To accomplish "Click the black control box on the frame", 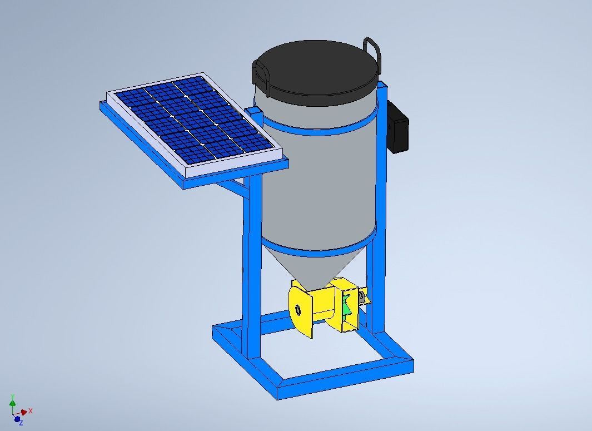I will tap(398, 127).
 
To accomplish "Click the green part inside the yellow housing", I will tap(346, 306).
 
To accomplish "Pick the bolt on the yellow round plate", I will tap(299, 310).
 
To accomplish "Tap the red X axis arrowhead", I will tap(24, 412).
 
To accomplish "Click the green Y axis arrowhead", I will tap(12, 402).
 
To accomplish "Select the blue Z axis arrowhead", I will tap(17, 419).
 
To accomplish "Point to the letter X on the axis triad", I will tap(31, 411).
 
